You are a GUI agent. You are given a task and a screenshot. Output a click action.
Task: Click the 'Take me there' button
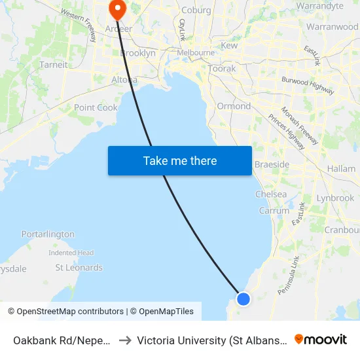coord(180,160)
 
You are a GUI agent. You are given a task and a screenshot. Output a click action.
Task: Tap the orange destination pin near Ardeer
coord(117,9)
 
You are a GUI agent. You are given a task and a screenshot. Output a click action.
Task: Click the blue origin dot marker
coord(243,298)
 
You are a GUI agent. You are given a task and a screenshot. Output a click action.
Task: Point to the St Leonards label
coord(79,268)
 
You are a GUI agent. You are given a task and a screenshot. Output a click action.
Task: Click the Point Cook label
coord(96,108)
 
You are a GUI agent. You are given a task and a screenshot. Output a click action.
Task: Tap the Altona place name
coord(124,80)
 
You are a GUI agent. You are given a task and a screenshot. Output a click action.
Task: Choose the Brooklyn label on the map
coord(137,53)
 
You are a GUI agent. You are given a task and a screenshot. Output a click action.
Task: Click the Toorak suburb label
coord(221,68)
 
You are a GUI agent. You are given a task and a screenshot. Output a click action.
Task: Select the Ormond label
coord(234,106)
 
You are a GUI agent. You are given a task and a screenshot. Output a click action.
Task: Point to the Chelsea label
coord(270,194)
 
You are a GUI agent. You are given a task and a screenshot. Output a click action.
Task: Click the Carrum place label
coord(274,211)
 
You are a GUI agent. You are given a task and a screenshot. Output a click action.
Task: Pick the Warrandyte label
coord(319,6)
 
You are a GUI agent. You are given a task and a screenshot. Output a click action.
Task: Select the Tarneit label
coord(54,65)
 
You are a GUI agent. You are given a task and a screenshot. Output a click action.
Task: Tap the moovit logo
coord(321,339)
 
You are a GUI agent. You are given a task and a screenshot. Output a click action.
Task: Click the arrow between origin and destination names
coord(124,340)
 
